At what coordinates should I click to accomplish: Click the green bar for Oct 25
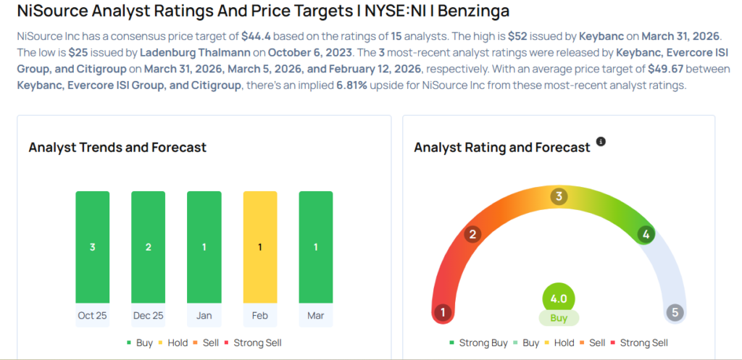pos(92,247)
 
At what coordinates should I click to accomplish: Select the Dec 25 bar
pos(148,247)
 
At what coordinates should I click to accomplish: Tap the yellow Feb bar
pos(259,247)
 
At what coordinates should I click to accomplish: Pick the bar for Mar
pos(315,247)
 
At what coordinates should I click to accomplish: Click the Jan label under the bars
pos(204,315)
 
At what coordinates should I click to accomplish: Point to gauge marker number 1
pos(442,313)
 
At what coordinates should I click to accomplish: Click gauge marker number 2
pos(472,234)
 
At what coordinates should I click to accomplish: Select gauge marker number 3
pos(558,196)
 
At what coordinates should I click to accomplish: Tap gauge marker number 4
pos(644,234)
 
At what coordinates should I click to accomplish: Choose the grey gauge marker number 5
pos(675,313)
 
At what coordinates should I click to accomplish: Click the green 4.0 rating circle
pos(558,298)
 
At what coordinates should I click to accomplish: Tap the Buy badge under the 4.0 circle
pos(558,318)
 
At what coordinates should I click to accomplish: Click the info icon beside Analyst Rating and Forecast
pos(601,141)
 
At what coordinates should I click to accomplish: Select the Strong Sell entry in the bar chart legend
pos(253,343)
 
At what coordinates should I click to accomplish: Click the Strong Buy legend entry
pos(478,343)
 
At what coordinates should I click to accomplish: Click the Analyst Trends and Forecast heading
pos(117,147)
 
